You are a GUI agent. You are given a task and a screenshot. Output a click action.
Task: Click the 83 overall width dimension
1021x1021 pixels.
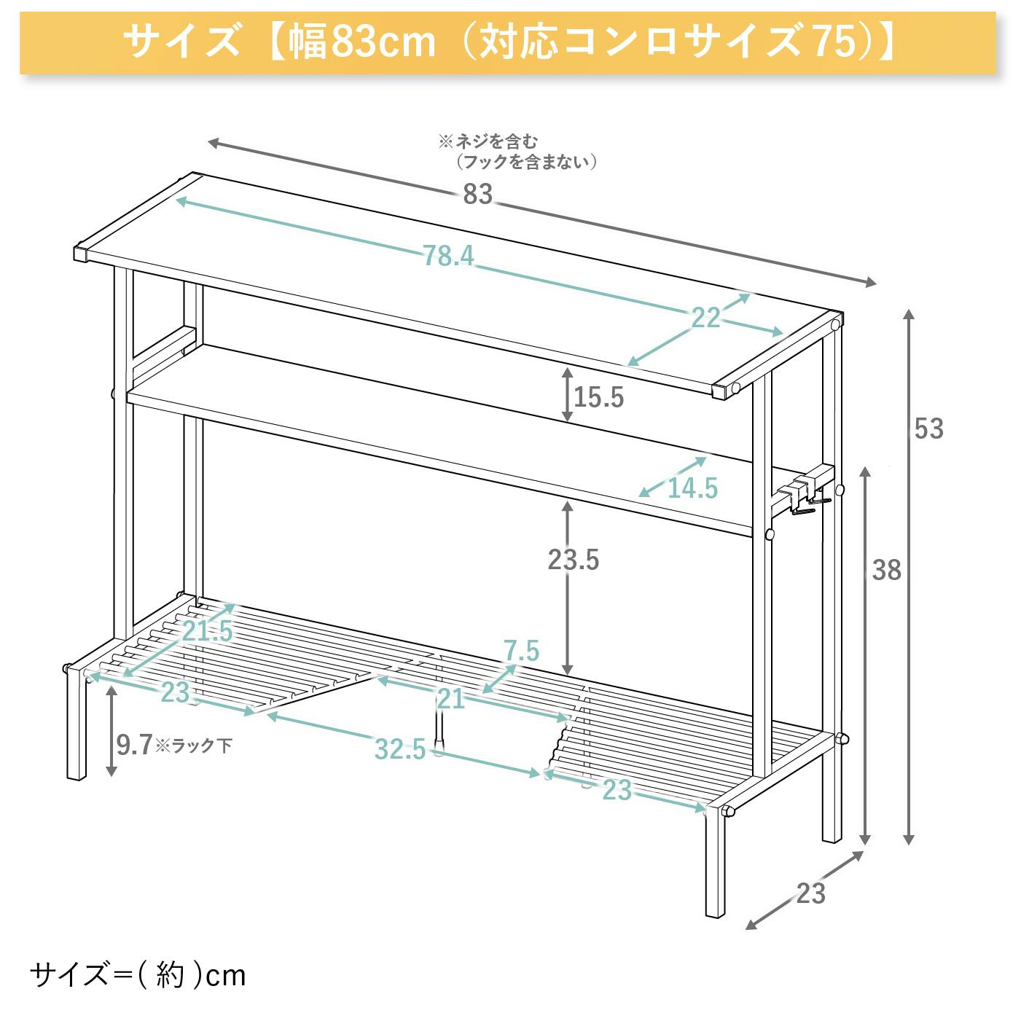pyautogui.click(x=477, y=194)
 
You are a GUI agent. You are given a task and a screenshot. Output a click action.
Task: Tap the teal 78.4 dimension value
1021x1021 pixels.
pyautogui.click(x=448, y=256)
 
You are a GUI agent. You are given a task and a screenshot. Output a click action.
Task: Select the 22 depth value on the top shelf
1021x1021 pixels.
pyautogui.click(x=705, y=318)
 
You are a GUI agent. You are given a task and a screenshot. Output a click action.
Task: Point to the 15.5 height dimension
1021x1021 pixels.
pyautogui.click(x=599, y=397)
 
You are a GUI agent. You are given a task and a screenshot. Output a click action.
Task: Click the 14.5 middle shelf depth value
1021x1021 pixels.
pyautogui.click(x=692, y=488)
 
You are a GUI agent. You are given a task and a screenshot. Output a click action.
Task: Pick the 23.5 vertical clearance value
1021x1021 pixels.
pyautogui.click(x=574, y=560)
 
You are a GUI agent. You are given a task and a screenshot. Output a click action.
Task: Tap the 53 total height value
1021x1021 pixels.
pyautogui.click(x=928, y=429)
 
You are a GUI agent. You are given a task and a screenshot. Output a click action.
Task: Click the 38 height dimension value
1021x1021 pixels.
pyautogui.click(x=887, y=570)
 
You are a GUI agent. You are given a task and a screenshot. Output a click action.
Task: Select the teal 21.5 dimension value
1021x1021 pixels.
pyautogui.click(x=207, y=631)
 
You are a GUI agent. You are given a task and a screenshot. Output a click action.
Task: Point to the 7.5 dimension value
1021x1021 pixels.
pyautogui.click(x=521, y=652)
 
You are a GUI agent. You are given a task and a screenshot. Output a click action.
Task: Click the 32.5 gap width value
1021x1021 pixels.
pyautogui.click(x=400, y=749)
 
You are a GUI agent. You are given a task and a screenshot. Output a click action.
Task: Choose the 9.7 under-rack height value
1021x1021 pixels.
pyautogui.click(x=135, y=745)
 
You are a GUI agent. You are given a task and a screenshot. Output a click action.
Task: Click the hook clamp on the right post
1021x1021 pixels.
pyautogui.click(x=805, y=493)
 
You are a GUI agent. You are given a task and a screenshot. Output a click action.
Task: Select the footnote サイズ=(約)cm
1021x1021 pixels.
pyautogui.click(x=138, y=975)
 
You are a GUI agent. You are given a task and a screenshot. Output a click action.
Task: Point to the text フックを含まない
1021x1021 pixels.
pyautogui.click(x=526, y=162)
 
